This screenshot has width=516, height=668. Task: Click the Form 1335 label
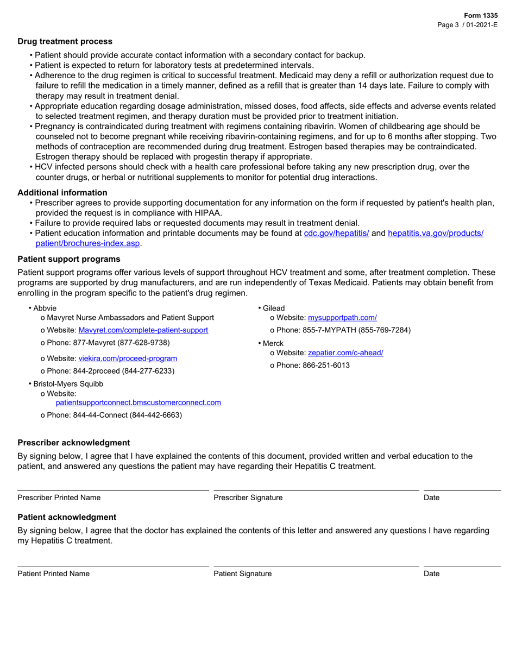click(480, 16)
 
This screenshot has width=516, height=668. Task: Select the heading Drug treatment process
click(65, 41)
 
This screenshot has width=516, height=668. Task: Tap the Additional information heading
click(62, 193)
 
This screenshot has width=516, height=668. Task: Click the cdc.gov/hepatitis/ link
click(336, 233)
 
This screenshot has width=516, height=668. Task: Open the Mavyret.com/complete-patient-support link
click(143, 330)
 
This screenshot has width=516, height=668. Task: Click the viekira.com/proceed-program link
click(128, 358)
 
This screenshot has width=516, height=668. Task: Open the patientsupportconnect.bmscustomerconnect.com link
click(139, 402)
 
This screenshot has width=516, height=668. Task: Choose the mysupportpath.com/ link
click(342, 318)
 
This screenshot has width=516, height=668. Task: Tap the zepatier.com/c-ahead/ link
click(345, 352)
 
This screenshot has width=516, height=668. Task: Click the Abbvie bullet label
click(45, 308)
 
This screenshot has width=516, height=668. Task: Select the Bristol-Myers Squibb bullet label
click(68, 383)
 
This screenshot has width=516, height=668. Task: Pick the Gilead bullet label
click(274, 308)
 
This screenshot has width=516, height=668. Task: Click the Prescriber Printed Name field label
click(59, 497)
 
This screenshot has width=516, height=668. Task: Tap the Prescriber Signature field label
click(248, 497)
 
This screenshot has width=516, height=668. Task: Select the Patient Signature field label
click(242, 574)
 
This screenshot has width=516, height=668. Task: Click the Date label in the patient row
click(431, 574)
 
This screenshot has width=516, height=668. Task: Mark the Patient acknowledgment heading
click(67, 517)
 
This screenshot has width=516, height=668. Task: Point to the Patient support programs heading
click(69, 259)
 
